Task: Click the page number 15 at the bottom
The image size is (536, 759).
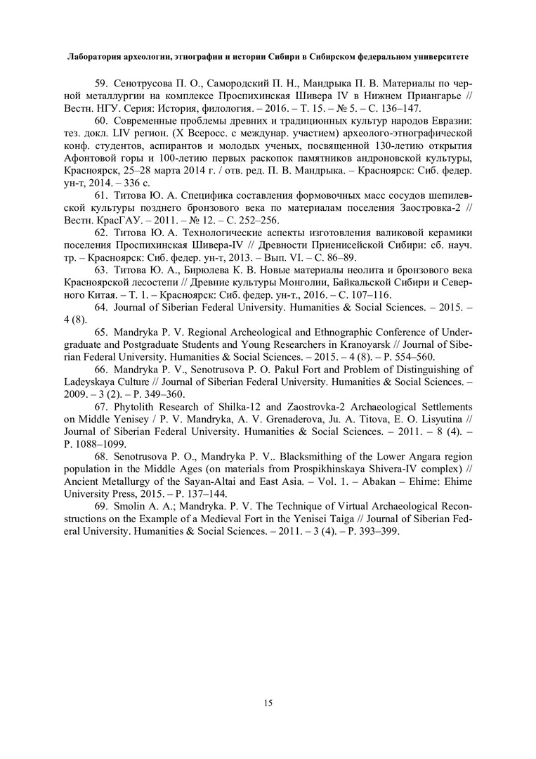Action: coord(268,702)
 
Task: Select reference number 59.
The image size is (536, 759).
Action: coord(101,82)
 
